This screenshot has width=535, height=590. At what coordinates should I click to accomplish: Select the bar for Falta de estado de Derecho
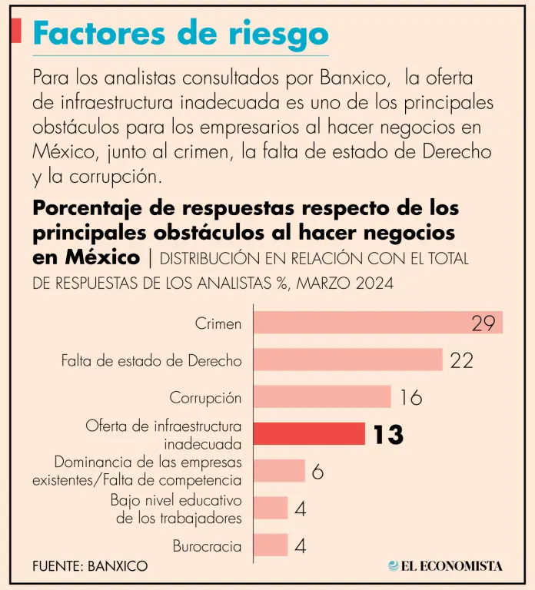(x=347, y=360)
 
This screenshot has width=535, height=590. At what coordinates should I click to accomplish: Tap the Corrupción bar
(x=322, y=396)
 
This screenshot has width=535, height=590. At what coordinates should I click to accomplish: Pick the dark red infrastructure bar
(x=309, y=433)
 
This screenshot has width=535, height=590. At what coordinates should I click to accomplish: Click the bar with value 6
(x=279, y=470)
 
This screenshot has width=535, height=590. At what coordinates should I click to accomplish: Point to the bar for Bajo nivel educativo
(x=271, y=508)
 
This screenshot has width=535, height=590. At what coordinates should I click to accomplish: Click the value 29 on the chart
(x=483, y=323)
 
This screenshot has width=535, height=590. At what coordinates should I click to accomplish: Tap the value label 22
(x=461, y=360)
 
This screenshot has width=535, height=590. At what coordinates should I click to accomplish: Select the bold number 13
(x=388, y=435)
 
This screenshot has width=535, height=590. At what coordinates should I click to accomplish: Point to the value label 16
(x=410, y=397)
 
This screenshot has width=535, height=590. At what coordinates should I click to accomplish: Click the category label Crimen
(x=218, y=323)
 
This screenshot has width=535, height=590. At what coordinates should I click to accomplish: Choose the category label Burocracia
(x=208, y=546)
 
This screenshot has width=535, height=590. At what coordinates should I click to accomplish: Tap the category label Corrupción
(x=205, y=398)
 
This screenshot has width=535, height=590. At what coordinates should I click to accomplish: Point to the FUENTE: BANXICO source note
(x=90, y=566)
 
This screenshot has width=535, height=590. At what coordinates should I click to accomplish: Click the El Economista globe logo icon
(x=394, y=566)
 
